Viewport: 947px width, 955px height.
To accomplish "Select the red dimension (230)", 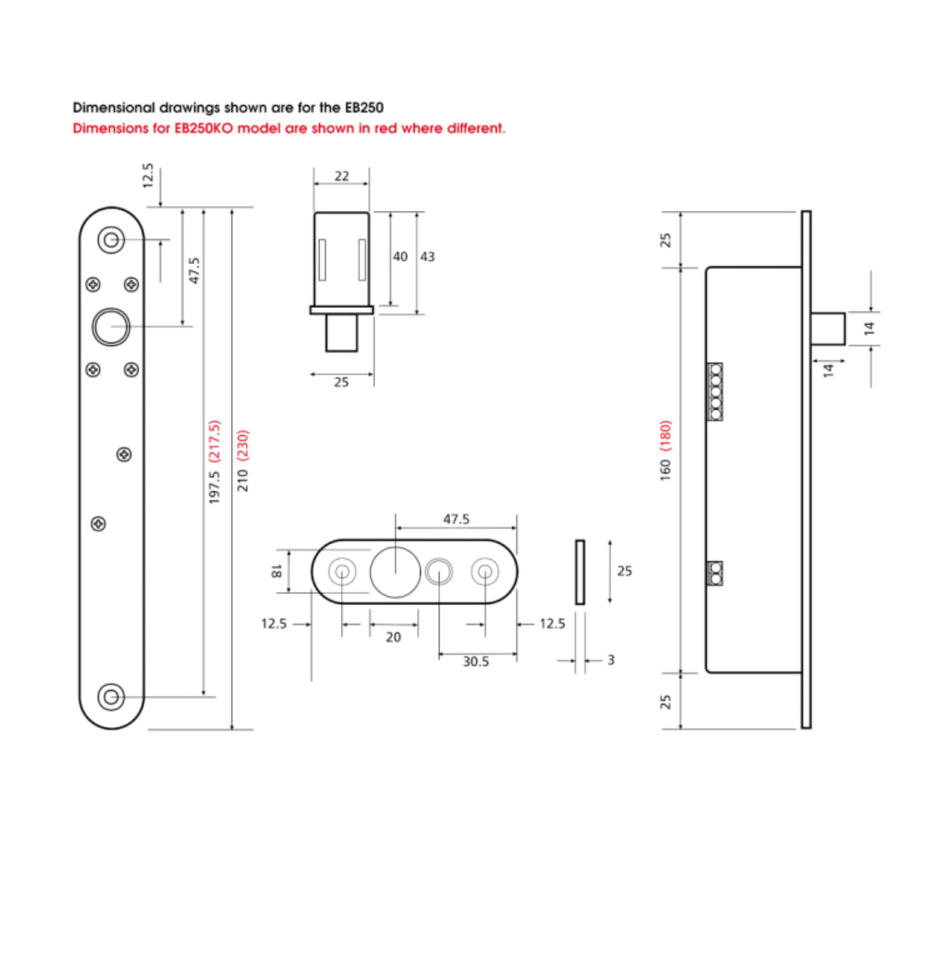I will pos(243,446).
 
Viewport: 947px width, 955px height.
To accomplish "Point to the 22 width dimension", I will pos(342,176).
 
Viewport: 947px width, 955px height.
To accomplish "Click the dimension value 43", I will pos(427,257).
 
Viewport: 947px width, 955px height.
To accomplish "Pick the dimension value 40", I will pos(400,257).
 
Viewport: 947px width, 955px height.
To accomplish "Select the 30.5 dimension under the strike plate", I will pos(476,662).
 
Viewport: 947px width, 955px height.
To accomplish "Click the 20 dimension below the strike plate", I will pos(393,637).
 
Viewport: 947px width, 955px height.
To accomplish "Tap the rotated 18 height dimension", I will pos(276,571).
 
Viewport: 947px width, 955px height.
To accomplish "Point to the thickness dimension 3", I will pos(610,660).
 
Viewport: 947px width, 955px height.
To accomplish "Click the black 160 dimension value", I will pos(665,469).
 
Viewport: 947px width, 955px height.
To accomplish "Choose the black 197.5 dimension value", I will pos(214,487).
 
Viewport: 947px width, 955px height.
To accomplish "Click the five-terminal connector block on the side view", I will pos(715,392).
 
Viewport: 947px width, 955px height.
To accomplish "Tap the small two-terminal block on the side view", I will pos(715,573).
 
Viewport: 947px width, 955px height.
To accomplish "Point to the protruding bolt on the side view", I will pos(828,328).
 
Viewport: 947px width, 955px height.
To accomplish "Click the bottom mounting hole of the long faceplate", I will pos(111,696).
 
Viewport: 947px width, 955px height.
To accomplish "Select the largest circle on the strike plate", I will pos(395,571).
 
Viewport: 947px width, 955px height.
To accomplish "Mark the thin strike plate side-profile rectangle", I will pos(580,572).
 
